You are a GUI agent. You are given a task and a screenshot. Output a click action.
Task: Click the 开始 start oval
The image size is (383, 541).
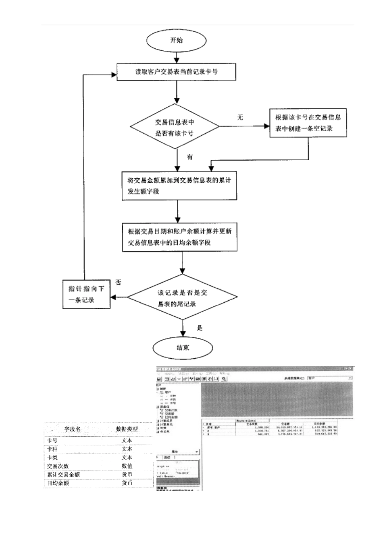pos(177,40)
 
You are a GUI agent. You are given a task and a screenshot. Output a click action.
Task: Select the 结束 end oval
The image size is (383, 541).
pos(183,347)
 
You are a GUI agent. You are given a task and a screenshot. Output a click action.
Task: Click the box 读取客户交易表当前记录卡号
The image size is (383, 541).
pos(177,72)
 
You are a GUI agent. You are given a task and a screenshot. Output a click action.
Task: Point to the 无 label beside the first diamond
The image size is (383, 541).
pos(240,118)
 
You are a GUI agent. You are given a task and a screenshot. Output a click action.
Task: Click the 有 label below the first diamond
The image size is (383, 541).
pos(189,157)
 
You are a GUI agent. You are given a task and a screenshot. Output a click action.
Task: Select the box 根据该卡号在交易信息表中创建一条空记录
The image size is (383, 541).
pos(308,123)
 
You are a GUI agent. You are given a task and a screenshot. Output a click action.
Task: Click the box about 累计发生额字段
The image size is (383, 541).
pos(179,186)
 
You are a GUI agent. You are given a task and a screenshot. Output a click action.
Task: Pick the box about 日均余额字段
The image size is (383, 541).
pos(179,237)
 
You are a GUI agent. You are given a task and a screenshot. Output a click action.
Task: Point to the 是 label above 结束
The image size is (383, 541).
pos(200,328)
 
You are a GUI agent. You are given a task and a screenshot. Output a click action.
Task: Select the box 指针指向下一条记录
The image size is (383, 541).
pos(86,295)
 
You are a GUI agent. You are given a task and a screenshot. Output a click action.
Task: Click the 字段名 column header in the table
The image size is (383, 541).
pos(73,429)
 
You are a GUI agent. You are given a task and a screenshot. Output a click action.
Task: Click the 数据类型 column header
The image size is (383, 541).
pos(127,429)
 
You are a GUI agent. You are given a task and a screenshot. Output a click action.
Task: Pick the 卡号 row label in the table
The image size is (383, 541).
pos(52,441)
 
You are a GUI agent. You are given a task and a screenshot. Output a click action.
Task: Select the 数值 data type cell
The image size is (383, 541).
pos(127,466)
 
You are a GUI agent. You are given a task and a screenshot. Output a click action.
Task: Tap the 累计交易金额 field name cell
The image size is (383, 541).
pos(63,475)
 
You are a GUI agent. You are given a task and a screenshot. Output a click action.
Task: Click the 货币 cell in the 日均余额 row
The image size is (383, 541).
pos(127,483)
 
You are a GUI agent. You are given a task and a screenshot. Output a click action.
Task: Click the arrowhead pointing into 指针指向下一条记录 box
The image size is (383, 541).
pos(114,298)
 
